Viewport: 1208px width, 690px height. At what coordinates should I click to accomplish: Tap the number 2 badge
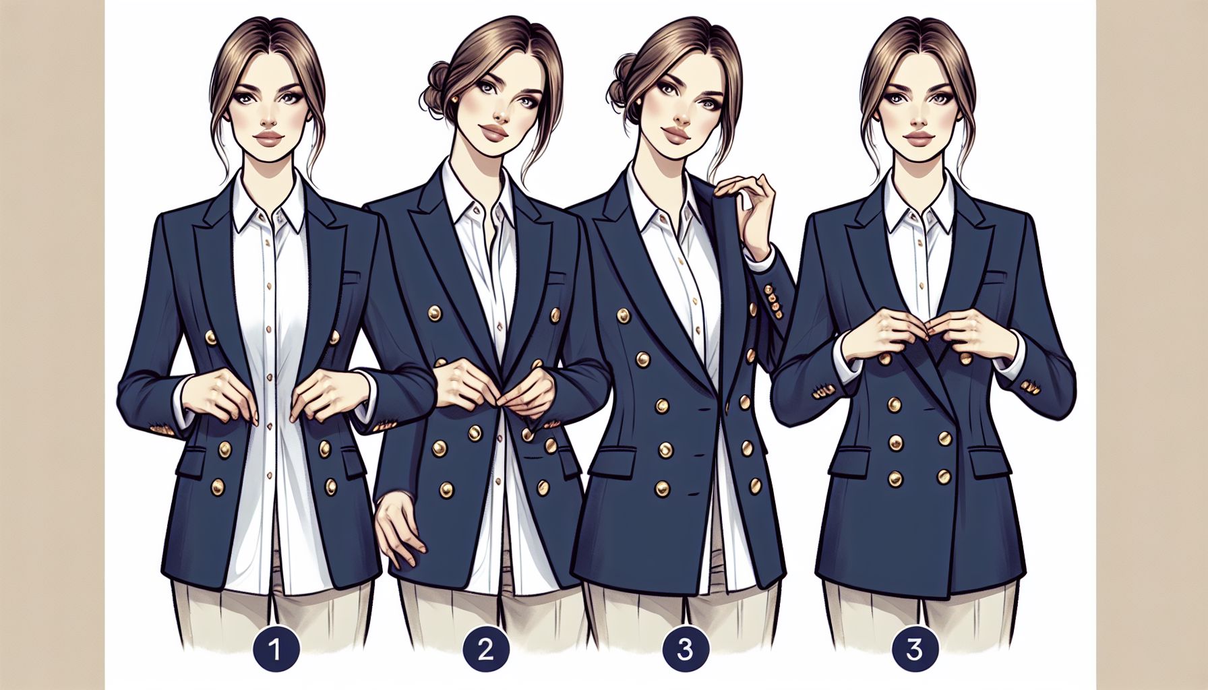pyautogui.click(x=485, y=650)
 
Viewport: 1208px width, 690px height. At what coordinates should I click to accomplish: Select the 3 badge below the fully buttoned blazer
pyautogui.click(x=914, y=650)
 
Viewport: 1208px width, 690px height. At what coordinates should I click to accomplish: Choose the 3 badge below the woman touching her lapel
pyautogui.click(x=684, y=650)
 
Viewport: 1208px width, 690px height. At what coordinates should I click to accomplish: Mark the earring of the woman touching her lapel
pyautogui.click(x=639, y=101)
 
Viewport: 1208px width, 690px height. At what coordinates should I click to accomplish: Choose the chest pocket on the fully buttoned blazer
pyautogui.click(x=996, y=276)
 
